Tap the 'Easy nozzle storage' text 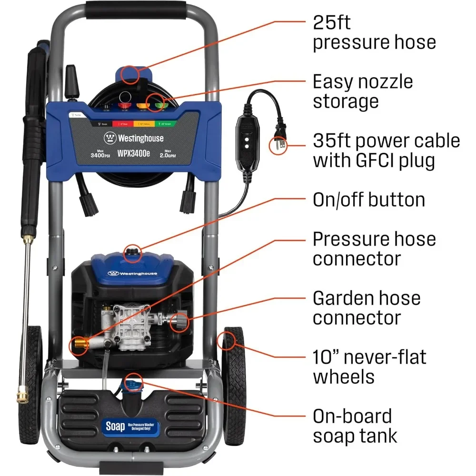(x=363, y=91)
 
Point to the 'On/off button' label (x=369, y=199)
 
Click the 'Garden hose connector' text (x=367, y=307)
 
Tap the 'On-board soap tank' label (x=355, y=426)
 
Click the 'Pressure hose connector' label (x=374, y=248)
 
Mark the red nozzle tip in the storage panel (x=125, y=101)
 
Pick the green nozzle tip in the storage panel (x=156, y=101)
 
